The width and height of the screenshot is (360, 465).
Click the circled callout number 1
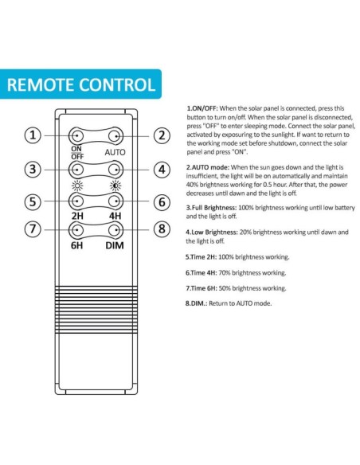pos(33,135)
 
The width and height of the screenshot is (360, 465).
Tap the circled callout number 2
pos(162,135)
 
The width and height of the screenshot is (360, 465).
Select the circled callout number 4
pos(162,170)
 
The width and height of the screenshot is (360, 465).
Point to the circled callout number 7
pos(33,229)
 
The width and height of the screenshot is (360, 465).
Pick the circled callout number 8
pos(162,229)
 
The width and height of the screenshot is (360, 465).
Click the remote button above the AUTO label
pos(115,136)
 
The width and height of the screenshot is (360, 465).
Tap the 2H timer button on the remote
pos(76,201)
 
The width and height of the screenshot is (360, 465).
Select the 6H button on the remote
pos(76,230)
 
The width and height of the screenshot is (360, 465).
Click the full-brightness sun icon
pos(77,186)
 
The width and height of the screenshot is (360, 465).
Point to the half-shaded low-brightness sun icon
pos(115,186)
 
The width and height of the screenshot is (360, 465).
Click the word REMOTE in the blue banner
pos(41,85)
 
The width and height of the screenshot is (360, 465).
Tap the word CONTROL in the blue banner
pos(117,85)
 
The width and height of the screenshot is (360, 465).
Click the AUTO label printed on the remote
pos(115,152)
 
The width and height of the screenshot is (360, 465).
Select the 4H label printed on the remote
pos(115,216)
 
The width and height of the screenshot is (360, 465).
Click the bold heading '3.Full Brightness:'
pos(211,208)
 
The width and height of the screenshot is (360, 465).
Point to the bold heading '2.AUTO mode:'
pos(208,167)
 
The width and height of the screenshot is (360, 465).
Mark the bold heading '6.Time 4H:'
pos(201,272)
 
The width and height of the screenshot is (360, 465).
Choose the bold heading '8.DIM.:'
pos(196,303)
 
